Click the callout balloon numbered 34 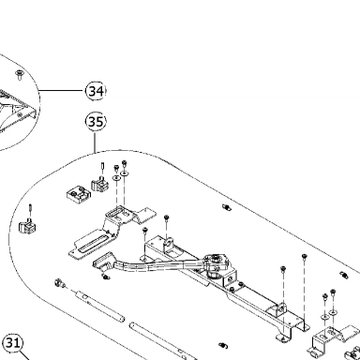pyautogui.click(x=96, y=91)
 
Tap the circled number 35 pyautogui.click(x=96, y=122)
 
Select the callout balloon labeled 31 pyautogui.click(x=12, y=343)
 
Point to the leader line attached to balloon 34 pyautogui.click(x=63, y=91)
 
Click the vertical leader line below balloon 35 pyautogui.click(x=95, y=142)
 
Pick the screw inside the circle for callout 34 pyautogui.click(x=20, y=75)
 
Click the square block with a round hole pyautogui.click(x=79, y=194)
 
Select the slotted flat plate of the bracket pyautogui.click(x=90, y=242)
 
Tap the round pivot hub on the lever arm pyautogui.click(x=216, y=262)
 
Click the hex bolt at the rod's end pyautogui.click(x=59, y=283)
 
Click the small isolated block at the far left pyautogui.click(x=28, y=226)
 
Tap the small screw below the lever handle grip pyautogui.click(x=106, y=277)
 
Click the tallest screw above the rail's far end pyautogui.click(x=304, y=258)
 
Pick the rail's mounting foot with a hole pyautogui.click(x=283, y=338)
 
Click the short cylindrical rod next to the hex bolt pyautogui.click(x=99, y=307)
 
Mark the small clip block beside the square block pyautogui.click(x=100, y=185)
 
